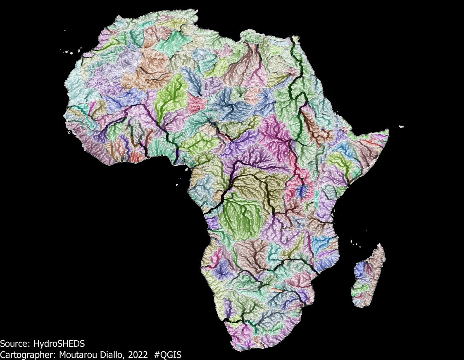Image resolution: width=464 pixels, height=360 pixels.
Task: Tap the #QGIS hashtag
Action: tap(168, 354)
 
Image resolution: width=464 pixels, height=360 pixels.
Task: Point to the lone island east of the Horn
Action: tap(401, 126)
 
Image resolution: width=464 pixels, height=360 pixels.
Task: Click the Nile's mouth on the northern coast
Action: tap(295, 38)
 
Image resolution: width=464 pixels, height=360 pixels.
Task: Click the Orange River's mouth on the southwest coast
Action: tap(225, 320)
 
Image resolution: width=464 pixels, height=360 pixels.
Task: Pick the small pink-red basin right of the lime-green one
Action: tap(197, 102)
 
